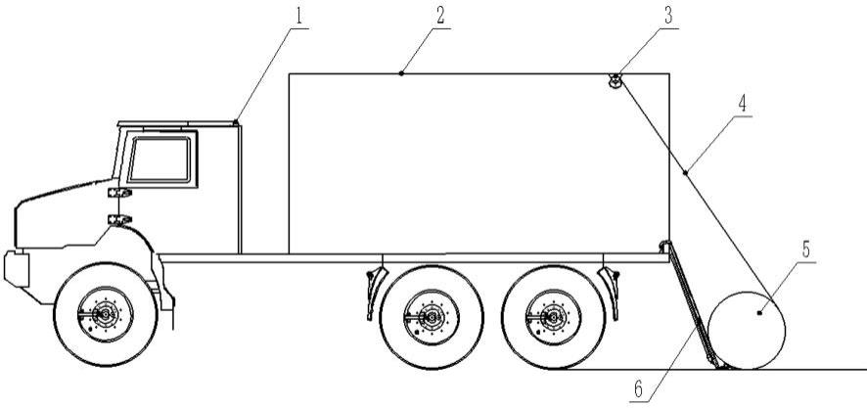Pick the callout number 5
[805, 249]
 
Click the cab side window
[159, 159]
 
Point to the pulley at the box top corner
[616, 81]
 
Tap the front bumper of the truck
[14, 265]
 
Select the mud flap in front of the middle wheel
[372, 293]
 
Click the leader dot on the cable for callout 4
[685, 172]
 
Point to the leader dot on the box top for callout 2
[401, 73]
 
